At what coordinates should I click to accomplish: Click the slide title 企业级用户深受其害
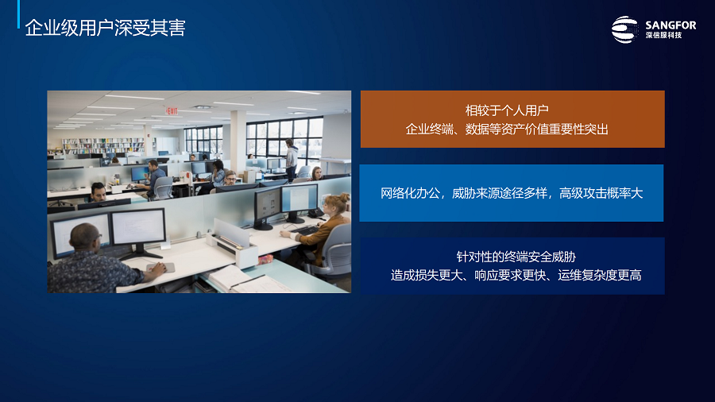106,28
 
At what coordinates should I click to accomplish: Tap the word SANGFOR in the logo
671,25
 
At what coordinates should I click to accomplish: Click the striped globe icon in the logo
624,29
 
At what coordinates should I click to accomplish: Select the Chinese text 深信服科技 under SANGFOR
663,35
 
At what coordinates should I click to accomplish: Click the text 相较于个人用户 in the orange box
507,110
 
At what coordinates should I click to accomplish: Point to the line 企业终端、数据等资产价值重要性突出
507,129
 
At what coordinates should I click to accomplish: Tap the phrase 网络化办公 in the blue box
410,193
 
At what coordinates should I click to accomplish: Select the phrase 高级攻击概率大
601,193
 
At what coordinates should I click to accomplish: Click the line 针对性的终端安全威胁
516,257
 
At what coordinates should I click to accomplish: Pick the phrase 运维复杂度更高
600,276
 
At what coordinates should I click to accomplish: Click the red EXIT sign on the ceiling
172,110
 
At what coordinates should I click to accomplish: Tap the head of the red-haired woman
337,205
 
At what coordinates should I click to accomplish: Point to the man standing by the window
291,159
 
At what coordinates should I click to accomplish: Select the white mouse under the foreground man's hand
160,268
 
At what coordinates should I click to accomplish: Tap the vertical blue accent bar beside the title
19,14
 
